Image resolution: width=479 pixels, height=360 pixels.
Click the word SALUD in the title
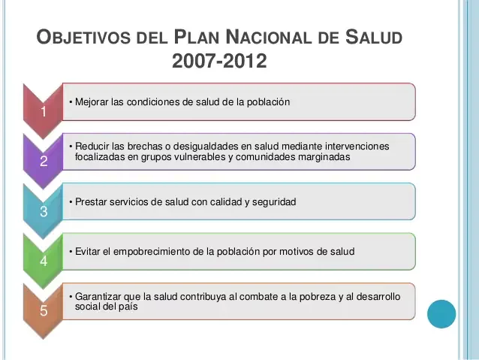(374, 37)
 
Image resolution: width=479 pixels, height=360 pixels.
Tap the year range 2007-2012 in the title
(219, 61)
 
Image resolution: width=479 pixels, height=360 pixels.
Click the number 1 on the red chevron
(44, 112)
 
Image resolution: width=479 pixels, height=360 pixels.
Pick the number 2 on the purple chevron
(44, 162)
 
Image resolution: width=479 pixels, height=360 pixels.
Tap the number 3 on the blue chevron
(44, 212)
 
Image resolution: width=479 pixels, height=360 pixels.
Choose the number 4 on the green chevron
(44, 262)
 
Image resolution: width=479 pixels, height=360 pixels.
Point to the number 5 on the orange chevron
(44, 311)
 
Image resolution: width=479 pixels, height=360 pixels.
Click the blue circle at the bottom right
(441, 314)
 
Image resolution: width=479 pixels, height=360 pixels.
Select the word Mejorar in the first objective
(92, 101)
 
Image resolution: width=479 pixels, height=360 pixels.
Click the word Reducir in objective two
(92, 146)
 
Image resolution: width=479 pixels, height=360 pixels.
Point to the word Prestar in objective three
(91, 201)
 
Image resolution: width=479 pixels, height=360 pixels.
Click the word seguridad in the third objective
(275, 201)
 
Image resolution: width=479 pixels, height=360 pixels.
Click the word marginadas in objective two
(323, 157)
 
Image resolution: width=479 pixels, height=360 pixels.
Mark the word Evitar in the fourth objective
(87, 251)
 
